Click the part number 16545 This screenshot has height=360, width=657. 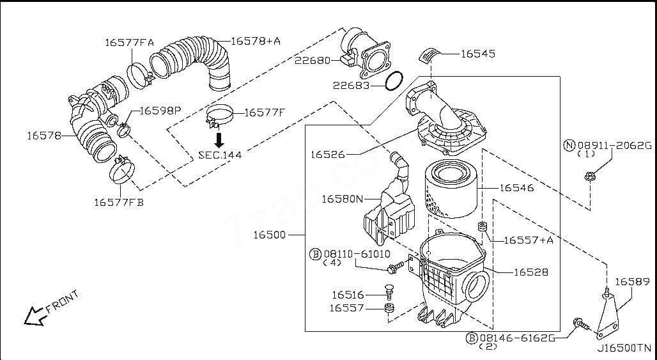[x=477, y=54]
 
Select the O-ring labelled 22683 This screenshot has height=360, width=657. [x=394, y=81]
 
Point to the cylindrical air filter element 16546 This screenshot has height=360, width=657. [x=451, y=189]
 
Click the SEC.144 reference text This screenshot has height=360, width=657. [x=220, y=154]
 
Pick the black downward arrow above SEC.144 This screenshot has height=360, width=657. [x=219, y=139]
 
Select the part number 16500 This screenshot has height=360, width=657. [x=269, y=235]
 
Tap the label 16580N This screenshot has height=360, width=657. [x=341, y=199]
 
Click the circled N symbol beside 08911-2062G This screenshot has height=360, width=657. [x=569, y=145]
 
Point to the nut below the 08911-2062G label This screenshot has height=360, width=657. [x=589, y=176]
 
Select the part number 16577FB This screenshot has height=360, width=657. [x=119, y=203]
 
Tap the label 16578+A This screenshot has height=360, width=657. [x=256, y=41]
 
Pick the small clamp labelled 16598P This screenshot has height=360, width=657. [x=123, y=131]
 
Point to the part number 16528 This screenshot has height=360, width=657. [x=531, y=272]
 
